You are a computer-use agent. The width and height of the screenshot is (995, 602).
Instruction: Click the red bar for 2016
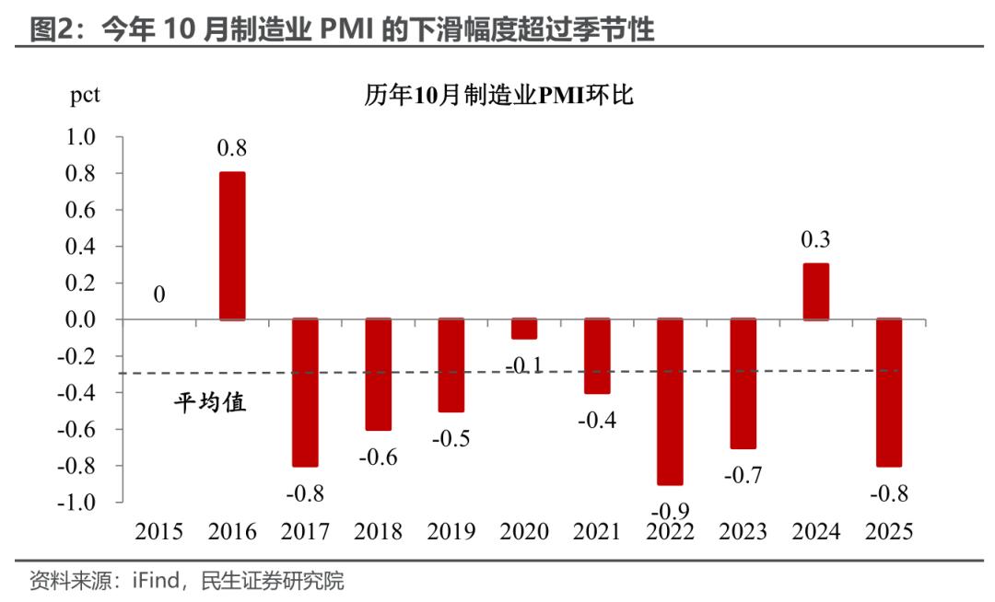click(x=232, y=246)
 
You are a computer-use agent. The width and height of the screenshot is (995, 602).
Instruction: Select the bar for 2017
click(x=304, y=393)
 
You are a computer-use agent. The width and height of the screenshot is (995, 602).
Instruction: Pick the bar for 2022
click(x=670, y=402)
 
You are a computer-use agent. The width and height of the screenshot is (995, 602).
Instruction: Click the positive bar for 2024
click(x=816, y=292)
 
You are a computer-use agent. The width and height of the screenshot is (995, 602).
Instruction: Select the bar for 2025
click(x=889, y=393)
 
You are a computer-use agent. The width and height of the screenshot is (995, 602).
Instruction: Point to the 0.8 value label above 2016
click(x=232, y=148)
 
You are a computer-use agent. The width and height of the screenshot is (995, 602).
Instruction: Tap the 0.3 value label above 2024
click(x=816, y=240)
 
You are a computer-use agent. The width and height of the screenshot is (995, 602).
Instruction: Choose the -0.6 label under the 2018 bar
click(x=378, y=457)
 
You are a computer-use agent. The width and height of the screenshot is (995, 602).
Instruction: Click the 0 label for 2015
click(x=159, y=295)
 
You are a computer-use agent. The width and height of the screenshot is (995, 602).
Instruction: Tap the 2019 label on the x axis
click(x=451, y=532)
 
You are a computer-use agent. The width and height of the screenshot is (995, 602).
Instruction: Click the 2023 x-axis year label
click(x=743, y=532)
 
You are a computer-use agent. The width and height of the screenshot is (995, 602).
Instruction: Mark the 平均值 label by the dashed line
click(x=211, y=402)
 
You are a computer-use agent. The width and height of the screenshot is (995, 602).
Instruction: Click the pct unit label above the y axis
click(x=85, y=96)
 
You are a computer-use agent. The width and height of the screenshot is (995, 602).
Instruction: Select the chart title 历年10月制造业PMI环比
click(x=498, y=96)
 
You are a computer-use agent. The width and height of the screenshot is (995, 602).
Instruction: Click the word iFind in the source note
click(x=163, y=582)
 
